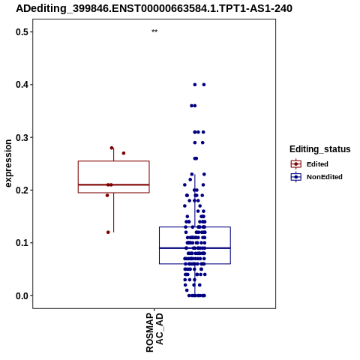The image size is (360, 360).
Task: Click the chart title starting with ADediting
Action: pyautogui.click(x=154, y=9)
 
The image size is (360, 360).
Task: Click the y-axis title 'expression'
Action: pyautogui.click(x=8, y=163)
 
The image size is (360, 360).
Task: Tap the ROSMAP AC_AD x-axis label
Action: pyautogui.click(x=154, y=332)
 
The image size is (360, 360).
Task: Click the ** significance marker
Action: pyautogui.click(x=154, y=31)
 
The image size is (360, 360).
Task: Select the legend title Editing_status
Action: pyautogui.click(x=320, y=149)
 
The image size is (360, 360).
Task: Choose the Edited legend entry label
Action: pyautogui.click(x=317, y=164)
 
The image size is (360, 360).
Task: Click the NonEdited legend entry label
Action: pyautogui.click(x=325, y=177)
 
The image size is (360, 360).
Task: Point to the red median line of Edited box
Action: pyautogui.click(x=114, y=184)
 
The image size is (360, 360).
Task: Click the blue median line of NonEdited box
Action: pyautogui.click(x=195, y=248)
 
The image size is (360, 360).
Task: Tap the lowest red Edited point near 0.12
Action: pyautogui.click(x=108, y=232)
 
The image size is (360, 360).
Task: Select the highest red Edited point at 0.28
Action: pyautogui.click(x=112, y=148)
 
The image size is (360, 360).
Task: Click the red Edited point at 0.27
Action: pyautogui.click(x=124, y=153)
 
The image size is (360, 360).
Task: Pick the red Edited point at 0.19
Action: pyautogui.click(x=107, y=196)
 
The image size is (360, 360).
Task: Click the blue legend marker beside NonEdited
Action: pyautogui.click(x=296, y=177)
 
